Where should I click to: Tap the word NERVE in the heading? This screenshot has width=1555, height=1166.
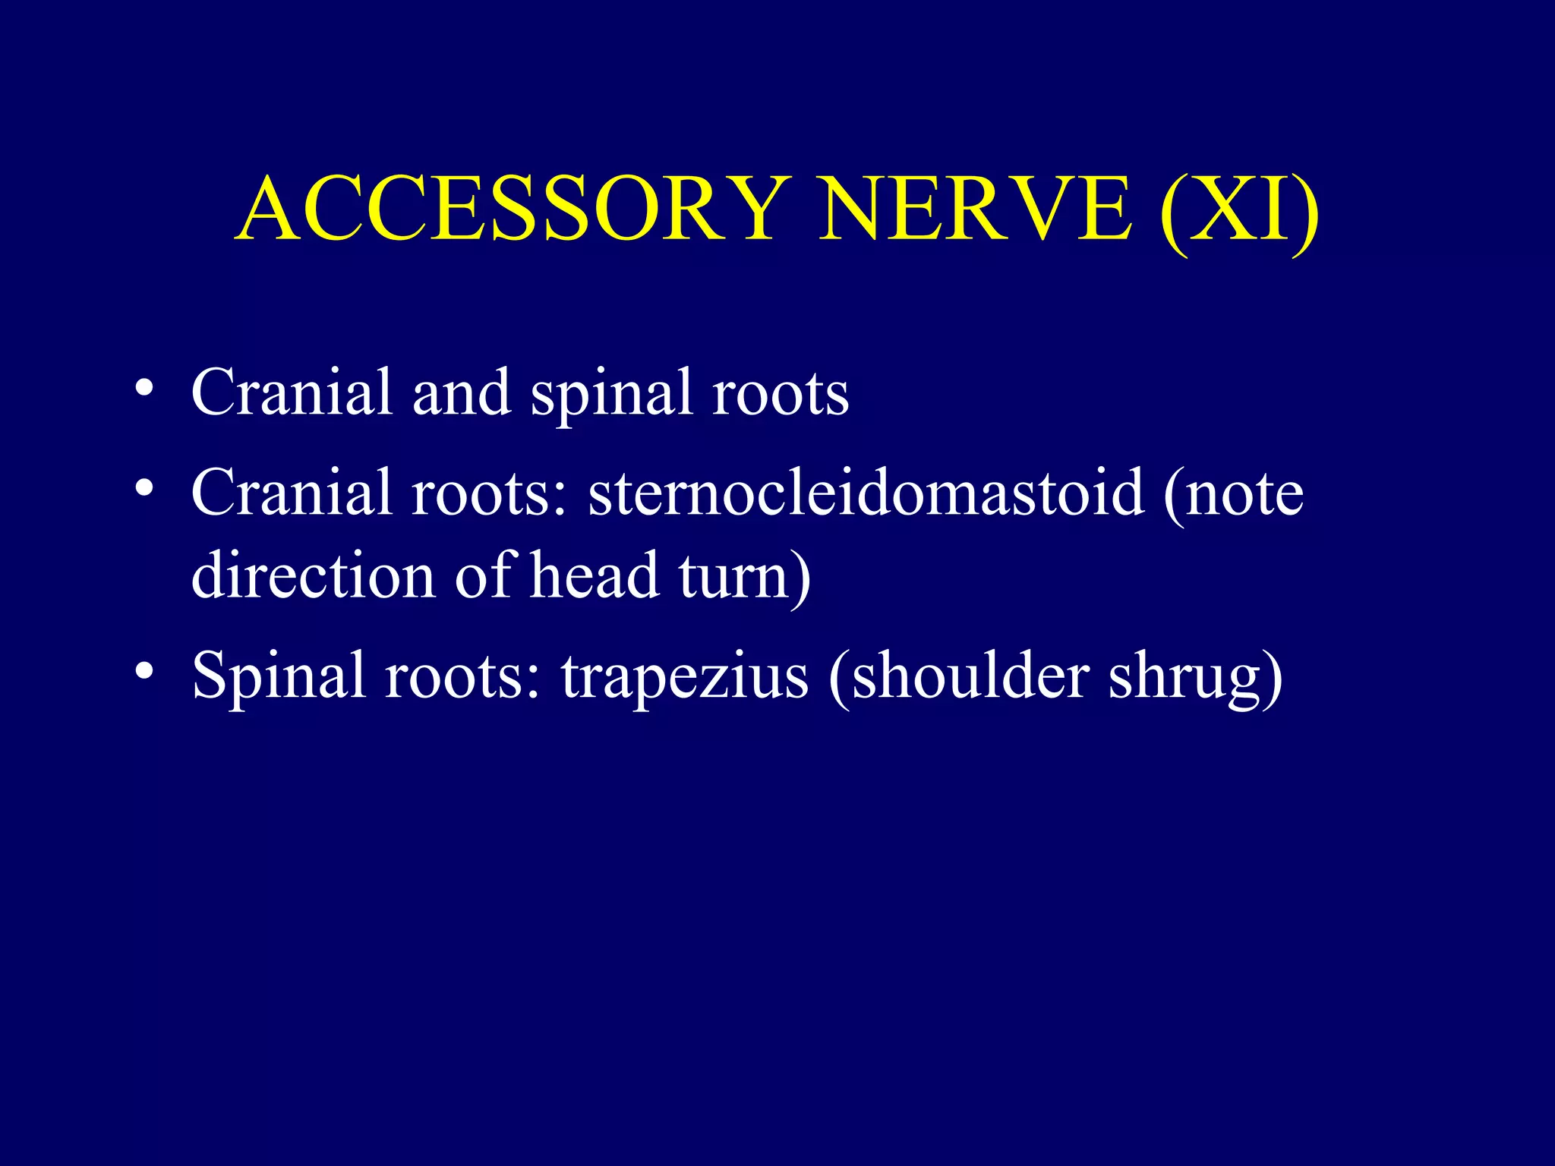tap(976, 208)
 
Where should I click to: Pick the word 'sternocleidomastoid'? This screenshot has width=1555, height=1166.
tap(866, 493)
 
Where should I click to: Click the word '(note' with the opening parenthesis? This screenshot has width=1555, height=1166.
tap(1234, 494)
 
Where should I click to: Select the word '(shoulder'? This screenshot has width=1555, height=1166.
tap(960, 676)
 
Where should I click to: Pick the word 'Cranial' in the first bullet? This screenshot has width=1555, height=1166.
tap(292, 392)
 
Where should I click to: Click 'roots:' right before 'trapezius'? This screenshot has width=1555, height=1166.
tap(464, 676)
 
